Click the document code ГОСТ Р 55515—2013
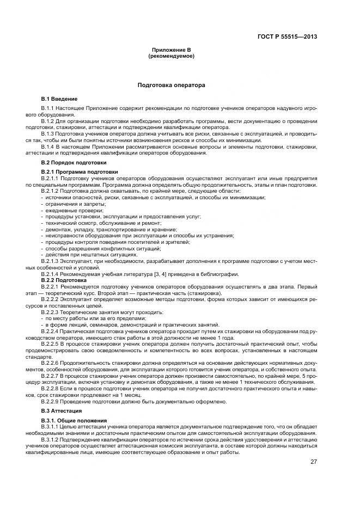(x=287, y=37)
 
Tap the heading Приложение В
(x=171, y=50)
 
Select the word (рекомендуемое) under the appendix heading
(x=171, y=56)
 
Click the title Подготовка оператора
(x=171, y=85)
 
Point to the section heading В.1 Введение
(x=59, y=99)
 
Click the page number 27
(x=313, y=462)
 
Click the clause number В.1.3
(x=47, y=133)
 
